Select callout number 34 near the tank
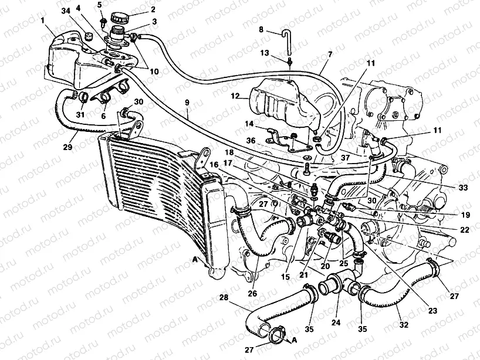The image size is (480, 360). point(65,11)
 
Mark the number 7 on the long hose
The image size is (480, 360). point(329,54)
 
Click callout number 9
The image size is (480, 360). point(187,103)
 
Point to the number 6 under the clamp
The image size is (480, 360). point(104,116)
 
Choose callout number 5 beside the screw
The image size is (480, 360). point(100,5)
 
